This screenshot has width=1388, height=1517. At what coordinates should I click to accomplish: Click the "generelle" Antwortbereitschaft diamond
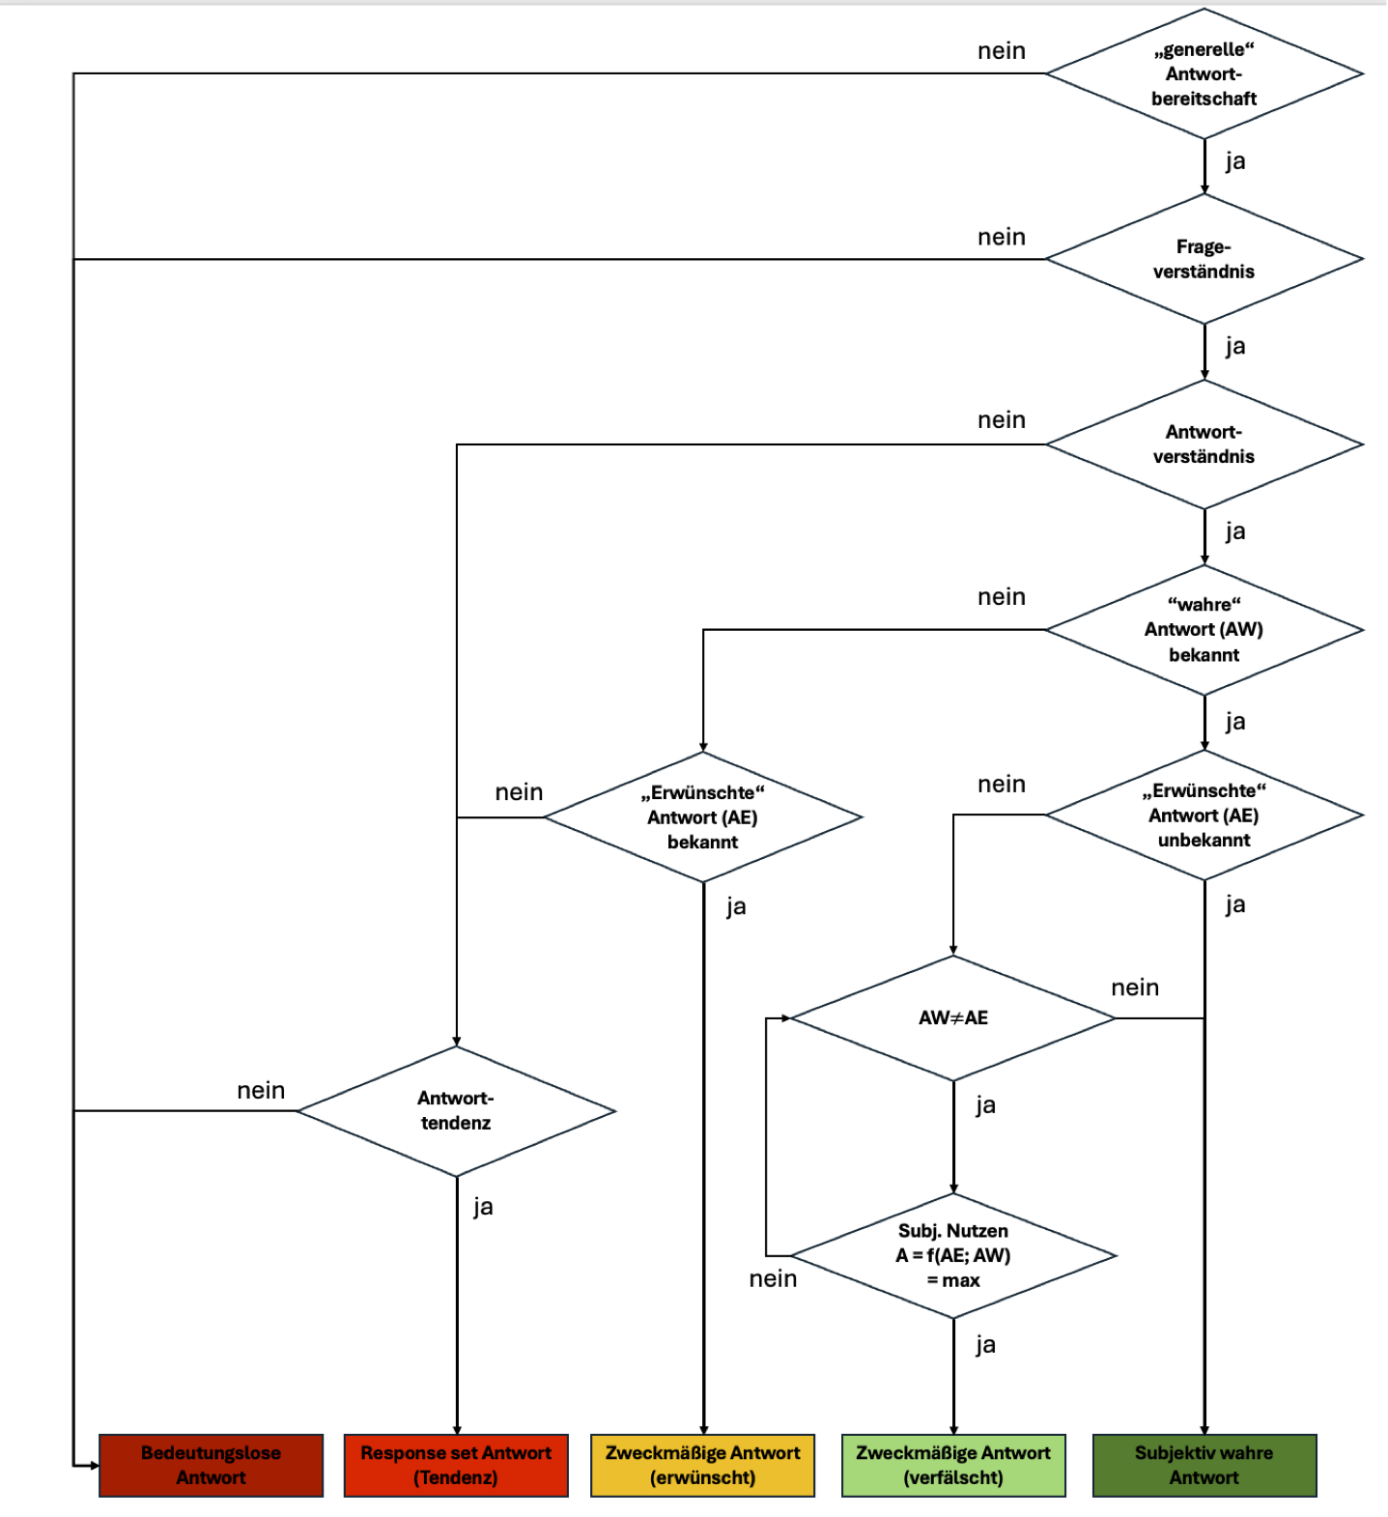pyautogui.click(x=1204, y=73)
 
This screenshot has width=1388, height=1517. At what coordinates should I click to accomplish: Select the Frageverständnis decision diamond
pyautogui.click(x=1204, y=259)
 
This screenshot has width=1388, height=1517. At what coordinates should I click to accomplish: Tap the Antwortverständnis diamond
pyautogui.click(x=1204, y=444)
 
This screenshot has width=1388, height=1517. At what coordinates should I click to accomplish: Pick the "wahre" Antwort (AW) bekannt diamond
pyautogui.click(x=1204, y=630)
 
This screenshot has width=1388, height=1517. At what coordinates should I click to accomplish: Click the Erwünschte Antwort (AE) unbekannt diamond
pyautogui.click(x=1204, y=816)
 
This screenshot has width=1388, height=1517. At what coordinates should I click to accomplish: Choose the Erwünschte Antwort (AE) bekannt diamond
pyautogui.click(x=702, y=817)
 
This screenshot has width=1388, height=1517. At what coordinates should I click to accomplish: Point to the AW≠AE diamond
pyautogui.click(x=953, y=1017)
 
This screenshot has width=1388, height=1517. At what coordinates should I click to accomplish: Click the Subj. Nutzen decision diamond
pyautogui.click(x=953, y=1255)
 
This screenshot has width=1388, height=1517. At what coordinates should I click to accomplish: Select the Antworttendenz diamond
pyautogui.click(x=456, y=1111)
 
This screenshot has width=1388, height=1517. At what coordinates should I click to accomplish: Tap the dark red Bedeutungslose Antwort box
pyautogui.click(x=211, y=1465)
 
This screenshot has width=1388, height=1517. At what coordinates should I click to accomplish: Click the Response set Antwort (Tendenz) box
pyautogui.click(x=456, y=1465)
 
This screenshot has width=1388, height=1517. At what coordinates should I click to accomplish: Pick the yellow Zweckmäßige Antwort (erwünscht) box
pyautogui.click(x=702, y=1465)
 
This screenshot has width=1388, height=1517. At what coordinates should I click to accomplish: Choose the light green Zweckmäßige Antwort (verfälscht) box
pyautogui.click(x=953, y=1465)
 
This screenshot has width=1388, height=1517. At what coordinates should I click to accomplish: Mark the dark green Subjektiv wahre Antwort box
pyautogui.click(x=1204, y=1465)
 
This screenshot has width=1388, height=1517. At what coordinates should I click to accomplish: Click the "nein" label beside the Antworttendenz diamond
pyautogui.click(x=261, y=1091)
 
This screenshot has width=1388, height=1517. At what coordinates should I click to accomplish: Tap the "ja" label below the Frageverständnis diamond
pyautogui.click(x=1235, y=346)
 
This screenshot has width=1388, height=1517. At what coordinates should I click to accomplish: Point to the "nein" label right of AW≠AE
pyautogui.click(x=1135, y=987)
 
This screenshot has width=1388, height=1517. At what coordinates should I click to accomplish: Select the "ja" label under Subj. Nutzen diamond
pyautogui.click(x=985, y=1344)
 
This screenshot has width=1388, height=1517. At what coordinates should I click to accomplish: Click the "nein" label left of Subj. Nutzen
pyautogui.click(x=773, y=1279)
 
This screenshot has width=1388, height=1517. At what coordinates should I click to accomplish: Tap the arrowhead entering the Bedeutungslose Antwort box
pyautogui.click(x=94, y=1465)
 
